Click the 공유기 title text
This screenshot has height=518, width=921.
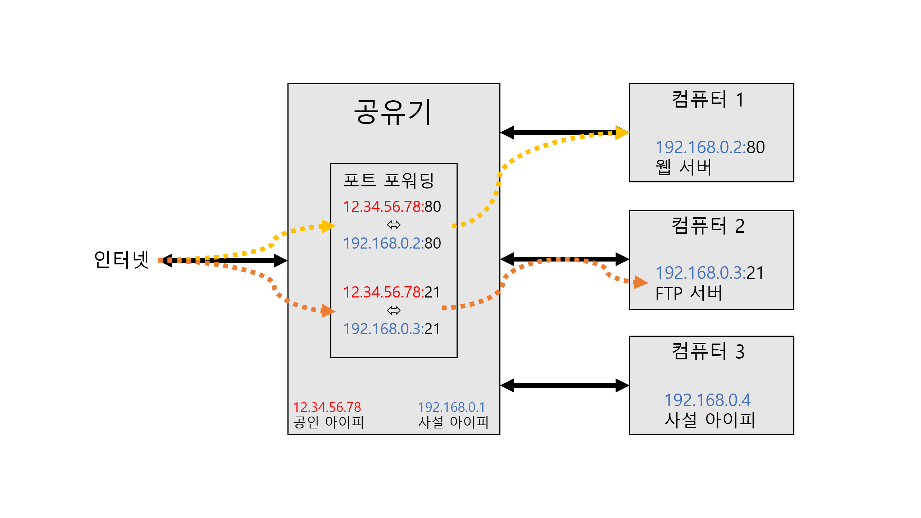point(393,112)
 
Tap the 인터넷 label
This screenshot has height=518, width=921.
point(121,259)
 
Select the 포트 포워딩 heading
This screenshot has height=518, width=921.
point(389,180)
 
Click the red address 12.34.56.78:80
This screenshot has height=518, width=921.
point(392,207)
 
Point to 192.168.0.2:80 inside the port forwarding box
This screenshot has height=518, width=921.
point(392,244)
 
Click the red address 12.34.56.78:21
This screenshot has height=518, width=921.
point(392,292)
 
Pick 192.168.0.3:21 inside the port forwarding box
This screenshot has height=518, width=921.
point(392,329)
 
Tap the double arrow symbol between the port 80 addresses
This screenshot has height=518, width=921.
point(394,225)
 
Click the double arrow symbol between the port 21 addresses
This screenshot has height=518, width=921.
point(394,310)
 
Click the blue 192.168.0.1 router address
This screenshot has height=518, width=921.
point(452,407)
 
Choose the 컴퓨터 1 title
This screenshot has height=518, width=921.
point(708,100)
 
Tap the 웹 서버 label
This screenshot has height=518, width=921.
point(684,167)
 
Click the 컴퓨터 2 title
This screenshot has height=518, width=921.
point(708,226)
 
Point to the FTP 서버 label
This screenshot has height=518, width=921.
point(689,293)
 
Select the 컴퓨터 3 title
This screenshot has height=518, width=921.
point(708,351)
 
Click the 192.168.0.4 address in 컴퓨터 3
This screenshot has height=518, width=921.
point(707,400)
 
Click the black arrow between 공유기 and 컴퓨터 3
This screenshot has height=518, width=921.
point(564,385)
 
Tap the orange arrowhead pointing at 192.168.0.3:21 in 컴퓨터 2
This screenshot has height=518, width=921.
point(640,282)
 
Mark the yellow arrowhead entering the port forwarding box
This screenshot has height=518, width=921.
point(328,226)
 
